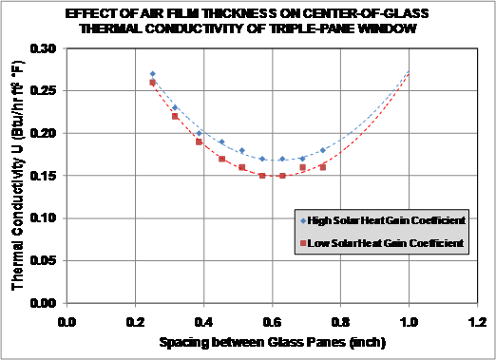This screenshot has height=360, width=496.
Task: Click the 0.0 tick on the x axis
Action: [67, 321]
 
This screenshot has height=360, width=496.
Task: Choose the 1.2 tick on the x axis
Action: [476, 321]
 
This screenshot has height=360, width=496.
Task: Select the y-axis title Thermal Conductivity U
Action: [18, 176]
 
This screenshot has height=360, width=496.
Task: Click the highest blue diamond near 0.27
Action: [152, 73]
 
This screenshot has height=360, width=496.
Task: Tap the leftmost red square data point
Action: [152, 83]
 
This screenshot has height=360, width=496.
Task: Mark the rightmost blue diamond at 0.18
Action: [323, 150]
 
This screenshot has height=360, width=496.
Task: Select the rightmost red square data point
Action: [323, 167]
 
